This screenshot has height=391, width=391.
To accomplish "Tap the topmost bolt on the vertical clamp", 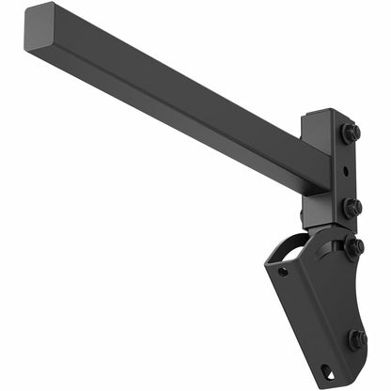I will tap(351, 134).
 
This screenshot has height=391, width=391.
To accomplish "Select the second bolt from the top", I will tap(352, 207).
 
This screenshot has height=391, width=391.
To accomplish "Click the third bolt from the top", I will tap(353, 247).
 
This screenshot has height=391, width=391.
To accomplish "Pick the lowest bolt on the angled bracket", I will tap(357, 338).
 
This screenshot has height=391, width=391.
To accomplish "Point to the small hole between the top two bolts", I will tap(347, 171).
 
